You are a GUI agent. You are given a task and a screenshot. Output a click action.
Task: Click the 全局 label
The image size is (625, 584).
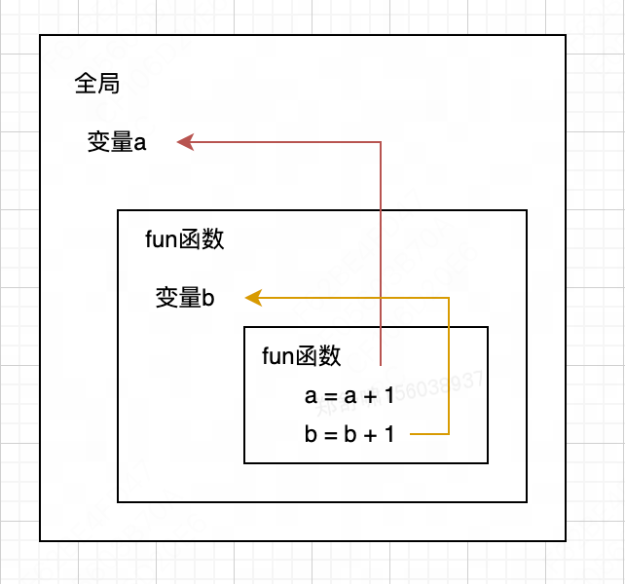pos(96,85)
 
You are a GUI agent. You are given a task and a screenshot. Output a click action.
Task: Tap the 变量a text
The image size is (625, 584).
pos(117,143)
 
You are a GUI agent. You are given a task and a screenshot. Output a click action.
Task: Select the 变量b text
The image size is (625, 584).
pos(185,298)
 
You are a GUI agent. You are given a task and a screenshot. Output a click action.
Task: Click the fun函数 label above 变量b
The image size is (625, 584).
pos(185,239)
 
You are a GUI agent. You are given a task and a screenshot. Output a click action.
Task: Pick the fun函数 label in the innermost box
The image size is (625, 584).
pos(302,356)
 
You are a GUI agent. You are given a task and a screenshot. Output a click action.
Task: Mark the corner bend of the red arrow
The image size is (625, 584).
pos(381,143)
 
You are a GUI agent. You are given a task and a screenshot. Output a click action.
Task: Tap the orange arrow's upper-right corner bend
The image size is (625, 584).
pos(449,298)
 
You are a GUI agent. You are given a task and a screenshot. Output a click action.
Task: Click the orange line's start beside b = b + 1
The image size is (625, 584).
pos(412,434)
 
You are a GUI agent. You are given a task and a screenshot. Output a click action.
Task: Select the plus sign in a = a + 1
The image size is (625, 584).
pos(368,396)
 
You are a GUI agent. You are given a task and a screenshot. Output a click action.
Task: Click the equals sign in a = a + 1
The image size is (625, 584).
pos(326,397)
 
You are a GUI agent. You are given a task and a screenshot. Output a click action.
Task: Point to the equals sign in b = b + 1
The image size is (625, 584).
pos(327,436)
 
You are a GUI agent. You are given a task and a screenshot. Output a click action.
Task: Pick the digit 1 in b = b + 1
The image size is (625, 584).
pos(389,435)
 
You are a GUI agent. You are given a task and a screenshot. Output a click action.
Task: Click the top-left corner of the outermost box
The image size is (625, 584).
pos(40,36)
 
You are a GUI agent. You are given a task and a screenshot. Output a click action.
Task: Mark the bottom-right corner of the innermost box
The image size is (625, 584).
pos(488,463)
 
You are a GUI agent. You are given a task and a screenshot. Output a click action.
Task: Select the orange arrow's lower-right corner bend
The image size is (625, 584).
pos(449,434)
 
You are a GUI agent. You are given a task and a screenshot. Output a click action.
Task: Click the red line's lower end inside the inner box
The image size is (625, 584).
pos(381,365)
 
